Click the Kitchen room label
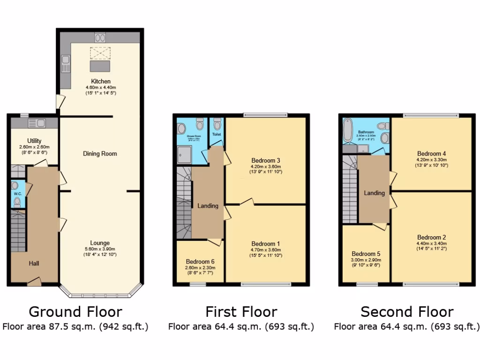(x=101, y=82)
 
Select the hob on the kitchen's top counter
(x=100, y=37)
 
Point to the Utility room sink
(x=37, y=123)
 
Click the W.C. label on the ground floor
(x=17, y=194)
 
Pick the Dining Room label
(x=100, y=154)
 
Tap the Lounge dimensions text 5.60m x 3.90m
(x=100, y=249)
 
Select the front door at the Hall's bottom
(x=34, y=281)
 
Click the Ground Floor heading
(x=75, y=312)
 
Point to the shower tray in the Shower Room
(x=184, y=152)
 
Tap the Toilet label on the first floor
(x=216, y=135)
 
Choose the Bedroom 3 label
(x=265, y=160)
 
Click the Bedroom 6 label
(x=200, y=262)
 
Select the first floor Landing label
(x=208, y=206)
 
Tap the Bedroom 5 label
(x=366, y=254)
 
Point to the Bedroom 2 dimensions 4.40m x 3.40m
(x=432, y=243)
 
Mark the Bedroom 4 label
(x=432, y=153)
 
